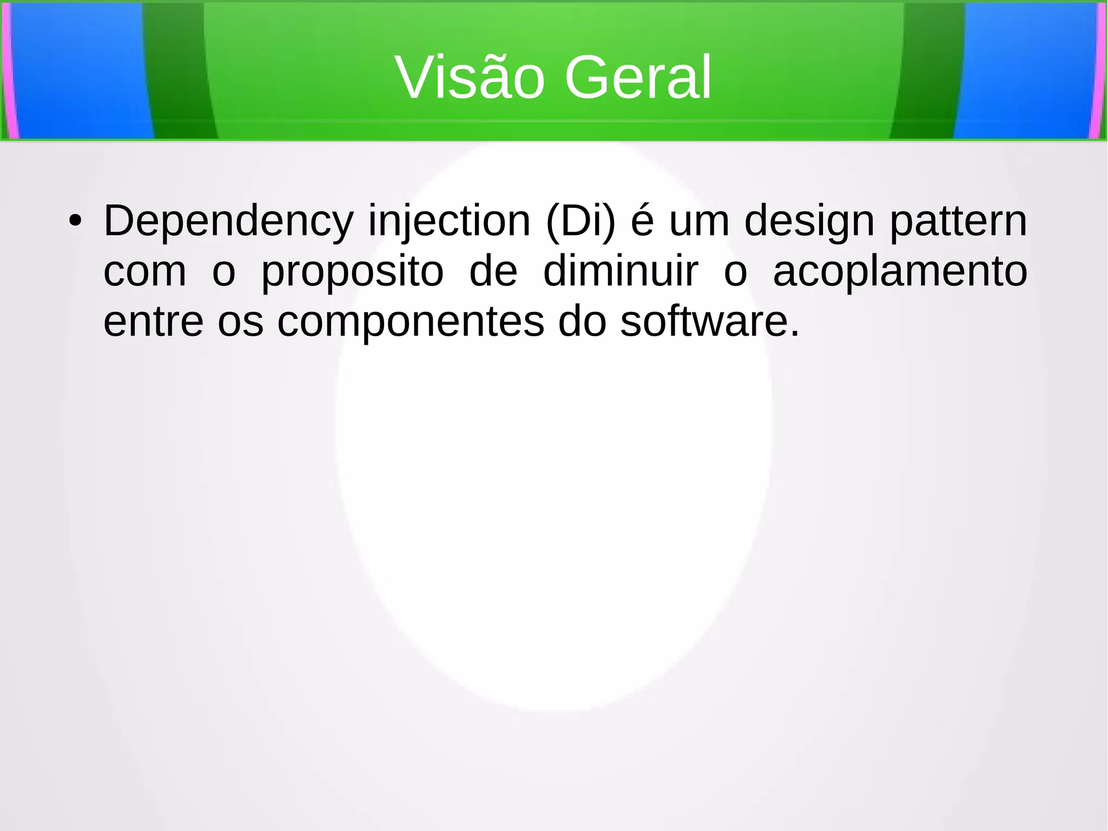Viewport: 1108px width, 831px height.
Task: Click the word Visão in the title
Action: (x=469, y=78)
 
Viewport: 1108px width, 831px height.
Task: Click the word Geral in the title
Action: (x=638, y=78)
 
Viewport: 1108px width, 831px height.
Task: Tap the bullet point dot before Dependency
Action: (x=75, y=221)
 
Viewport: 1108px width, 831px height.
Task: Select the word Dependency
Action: (x=228, y=221)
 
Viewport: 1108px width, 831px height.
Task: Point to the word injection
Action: (x=449, y=221)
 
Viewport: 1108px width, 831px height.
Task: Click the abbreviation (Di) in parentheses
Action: (x=581, y=221)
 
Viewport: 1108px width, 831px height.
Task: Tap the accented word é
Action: (x=642, y=221)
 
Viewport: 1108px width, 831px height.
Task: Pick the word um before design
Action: (x=699, y=221)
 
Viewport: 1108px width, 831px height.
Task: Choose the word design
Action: (x=809, y=221)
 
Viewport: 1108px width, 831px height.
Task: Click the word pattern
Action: (x=958, y=221)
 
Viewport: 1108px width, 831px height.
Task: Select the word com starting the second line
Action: (x=144, y=271)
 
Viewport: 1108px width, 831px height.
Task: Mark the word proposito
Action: (x=352, y=272)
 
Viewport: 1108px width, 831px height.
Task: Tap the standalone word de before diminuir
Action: (x=493, y=271)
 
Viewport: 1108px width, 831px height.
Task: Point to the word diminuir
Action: (x=620, y=271)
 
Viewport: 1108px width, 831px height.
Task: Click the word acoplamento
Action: (x=900, y=272)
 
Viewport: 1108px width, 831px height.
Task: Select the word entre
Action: (x=153, y=322)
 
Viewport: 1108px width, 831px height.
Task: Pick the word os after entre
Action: (x=240, y=323)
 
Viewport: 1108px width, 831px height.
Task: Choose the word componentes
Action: (x=411, y=323)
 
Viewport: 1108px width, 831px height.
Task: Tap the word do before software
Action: (x=582, y=322)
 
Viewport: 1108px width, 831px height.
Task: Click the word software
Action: (x=709, y=322)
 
